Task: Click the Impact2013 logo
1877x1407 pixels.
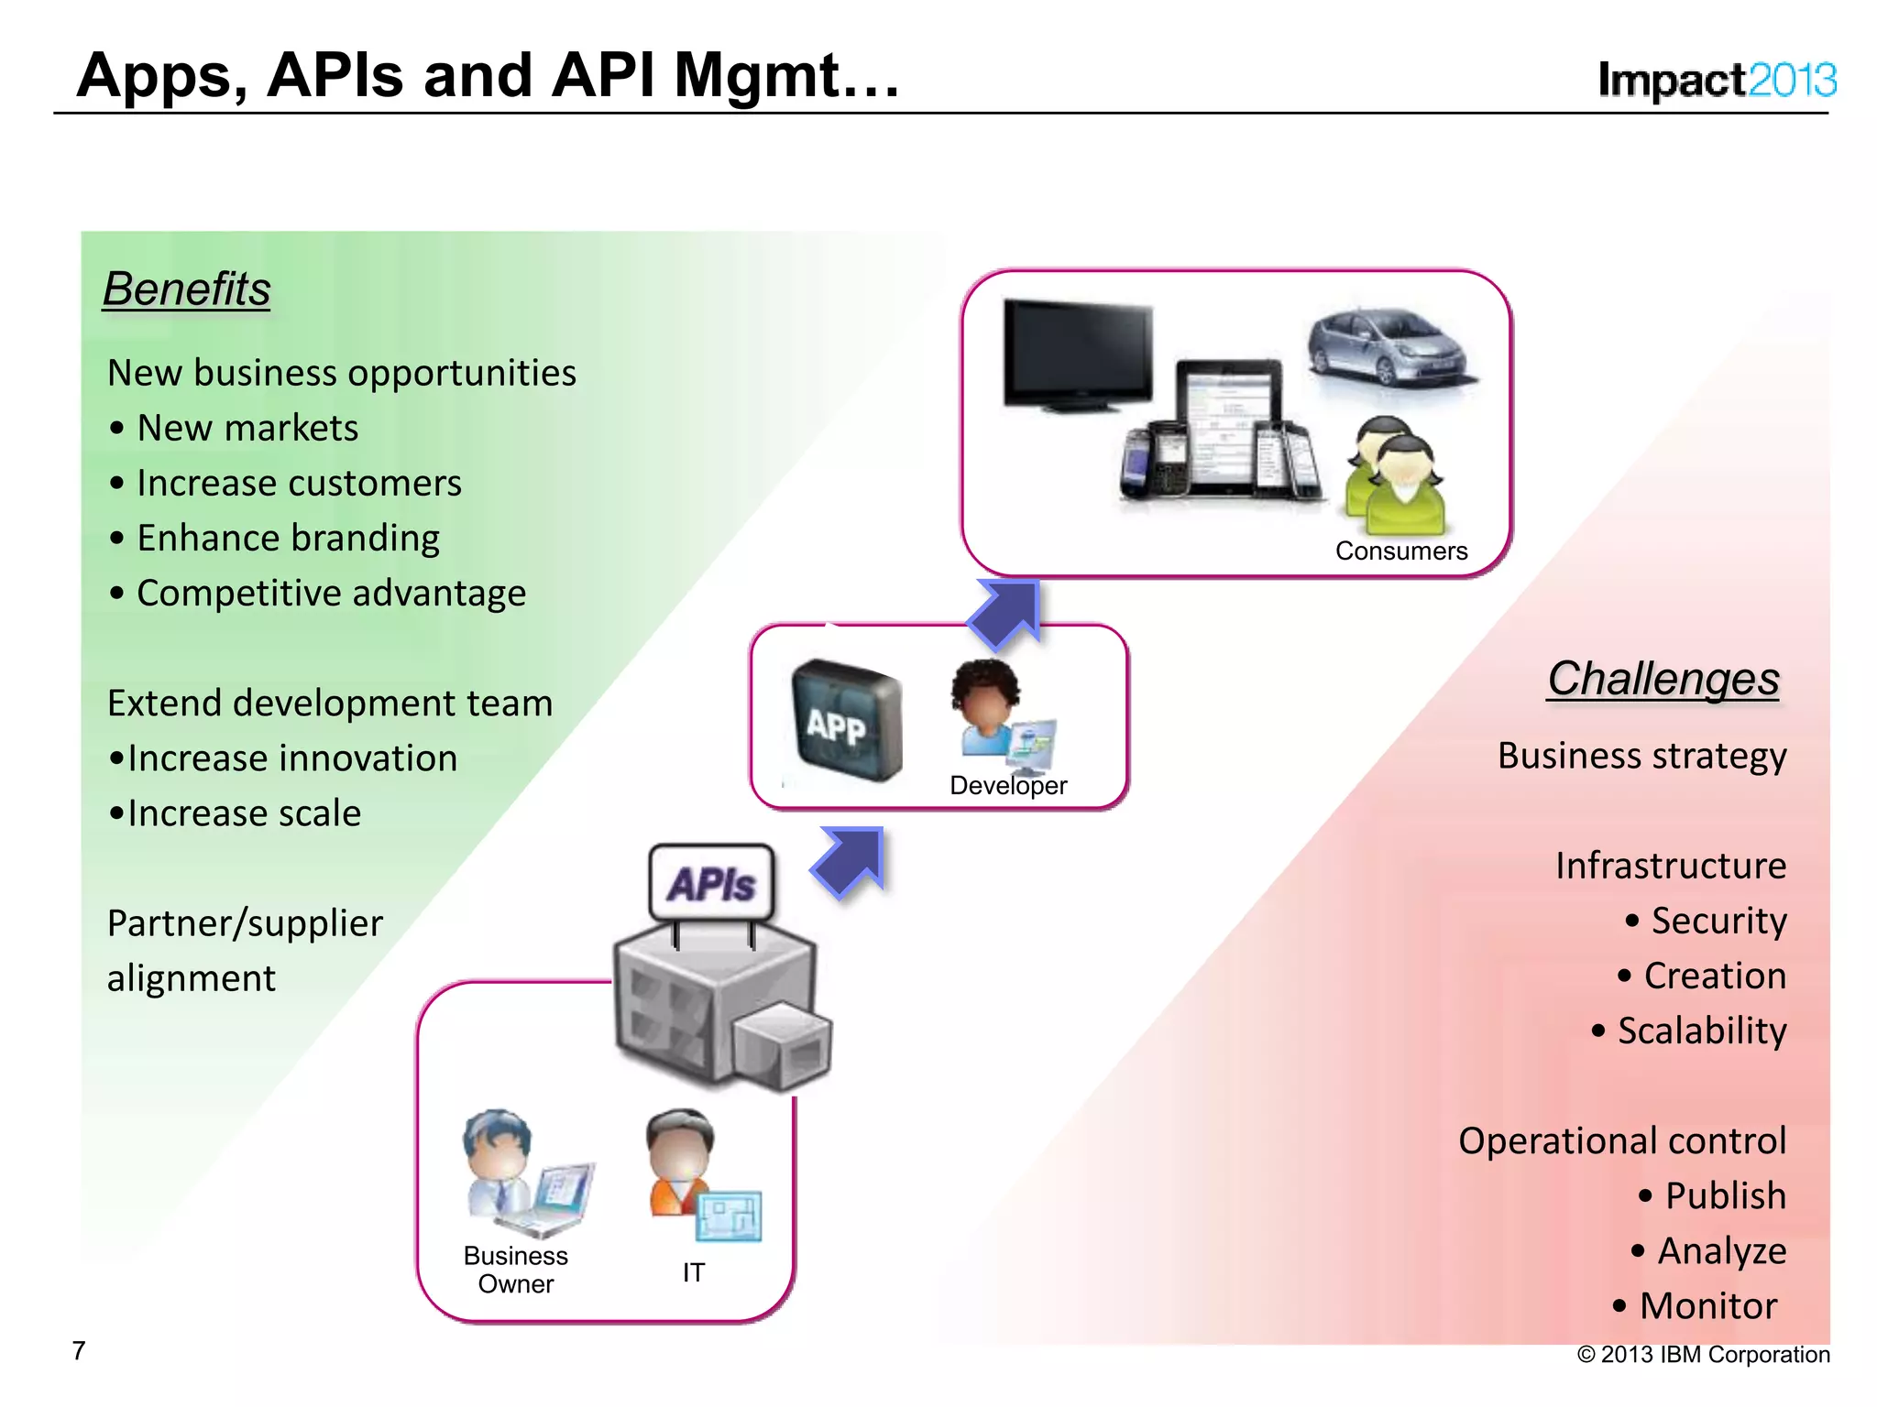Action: (x=1716, y=81)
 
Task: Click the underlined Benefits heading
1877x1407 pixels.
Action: (x=187, y=289)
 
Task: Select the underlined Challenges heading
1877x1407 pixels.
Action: (x=1663, y=679)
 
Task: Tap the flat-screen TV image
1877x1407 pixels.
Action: (x=1077, y=354)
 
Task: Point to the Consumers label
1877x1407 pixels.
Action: (x=1400, y=551)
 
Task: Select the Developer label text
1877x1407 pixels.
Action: (x=1008, y=786)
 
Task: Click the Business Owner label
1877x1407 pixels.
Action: (x=515, y=1269)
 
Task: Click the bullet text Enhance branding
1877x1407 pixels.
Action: (x=288, y=538)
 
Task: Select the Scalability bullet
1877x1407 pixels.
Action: (x=1700, y=1031)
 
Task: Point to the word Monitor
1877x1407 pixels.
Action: (x=1707, y=1305)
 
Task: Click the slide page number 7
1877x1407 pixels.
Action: (x=79, y=1350)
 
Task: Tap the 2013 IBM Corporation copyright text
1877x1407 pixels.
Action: (x=1703, y=1354)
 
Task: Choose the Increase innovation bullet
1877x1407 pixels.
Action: (x=291, y=758)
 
